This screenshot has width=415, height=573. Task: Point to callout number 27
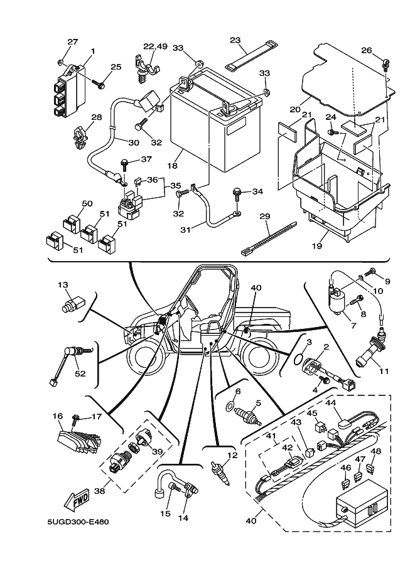point(72,42)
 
